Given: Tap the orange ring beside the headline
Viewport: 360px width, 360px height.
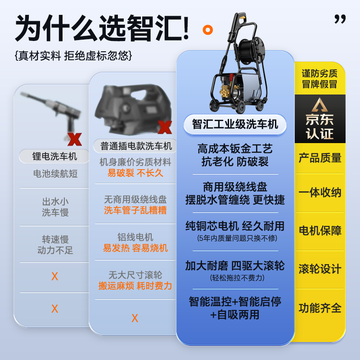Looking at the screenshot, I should [208, 30].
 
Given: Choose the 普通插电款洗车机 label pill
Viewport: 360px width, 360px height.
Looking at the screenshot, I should [135, 146].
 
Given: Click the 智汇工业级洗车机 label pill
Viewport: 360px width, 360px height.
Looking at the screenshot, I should [235, 124].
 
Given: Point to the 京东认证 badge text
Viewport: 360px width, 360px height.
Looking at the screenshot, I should [320, 126].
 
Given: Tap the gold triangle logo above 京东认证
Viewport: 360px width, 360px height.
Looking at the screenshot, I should [320, 104].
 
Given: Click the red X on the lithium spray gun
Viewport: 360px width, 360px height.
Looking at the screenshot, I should [74, 139].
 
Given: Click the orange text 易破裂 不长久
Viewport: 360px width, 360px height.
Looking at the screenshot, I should [135, 173].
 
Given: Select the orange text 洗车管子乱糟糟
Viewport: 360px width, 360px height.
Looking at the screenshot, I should [135, 210].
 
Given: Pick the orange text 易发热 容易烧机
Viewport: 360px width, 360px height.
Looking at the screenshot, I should [135, 248].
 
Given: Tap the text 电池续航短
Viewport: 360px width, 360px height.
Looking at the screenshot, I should [55, 174].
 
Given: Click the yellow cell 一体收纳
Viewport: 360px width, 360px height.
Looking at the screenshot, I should [320, 193].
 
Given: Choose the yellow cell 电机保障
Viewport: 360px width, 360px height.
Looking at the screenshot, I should [320, 230].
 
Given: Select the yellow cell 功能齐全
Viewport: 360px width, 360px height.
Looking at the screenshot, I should [320, 308].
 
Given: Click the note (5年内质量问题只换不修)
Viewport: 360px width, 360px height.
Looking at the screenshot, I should [235, 238].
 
